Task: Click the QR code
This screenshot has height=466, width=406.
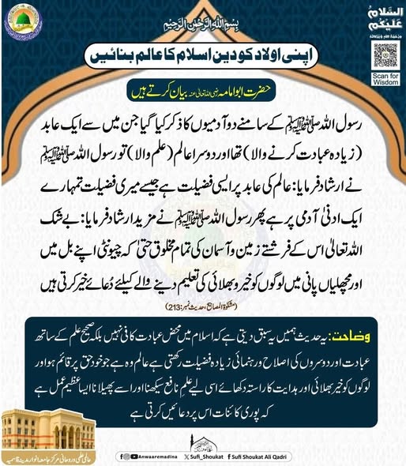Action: tap(384, 54)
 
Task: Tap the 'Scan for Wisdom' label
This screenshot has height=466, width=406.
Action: tap(384, 80)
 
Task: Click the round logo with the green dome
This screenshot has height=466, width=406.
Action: tap(21, 21)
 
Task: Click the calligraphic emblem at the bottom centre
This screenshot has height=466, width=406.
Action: tap(203, 434)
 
